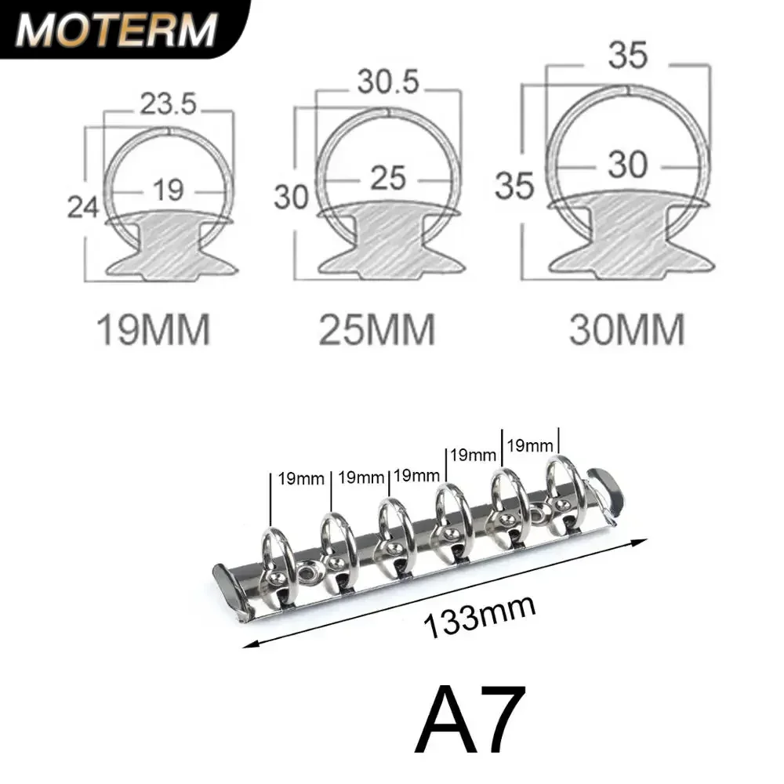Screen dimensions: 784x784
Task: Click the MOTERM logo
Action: (116, 29)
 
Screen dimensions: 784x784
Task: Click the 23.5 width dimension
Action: (169, 104)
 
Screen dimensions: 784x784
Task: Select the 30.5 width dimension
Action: (390, 82)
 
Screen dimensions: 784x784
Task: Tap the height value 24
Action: (82, 208)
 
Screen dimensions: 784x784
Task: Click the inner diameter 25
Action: (387, 178)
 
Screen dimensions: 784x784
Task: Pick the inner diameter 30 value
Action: (627, 165)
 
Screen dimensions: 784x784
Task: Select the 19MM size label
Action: (153, 330)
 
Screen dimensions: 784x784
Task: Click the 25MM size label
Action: (377, 330)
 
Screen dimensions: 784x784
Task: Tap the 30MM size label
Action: (627, 330)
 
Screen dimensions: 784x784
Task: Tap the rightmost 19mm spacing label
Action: (529, 445)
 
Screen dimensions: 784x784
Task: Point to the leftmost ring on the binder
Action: (278, 553)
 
